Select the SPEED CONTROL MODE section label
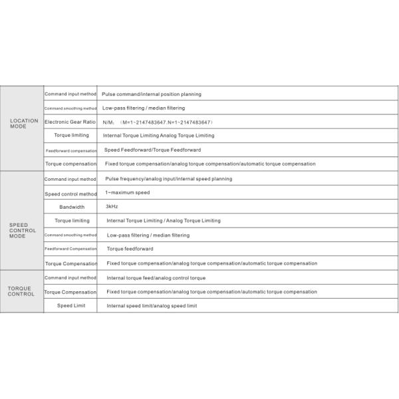23,231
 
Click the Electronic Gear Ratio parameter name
70,122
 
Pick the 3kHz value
112,207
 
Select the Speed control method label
70,194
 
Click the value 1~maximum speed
127,193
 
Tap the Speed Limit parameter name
70,305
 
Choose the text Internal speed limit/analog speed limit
152,305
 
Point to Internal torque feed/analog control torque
156,278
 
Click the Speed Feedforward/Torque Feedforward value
152,150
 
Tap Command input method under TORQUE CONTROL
70,278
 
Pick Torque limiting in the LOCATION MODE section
71,136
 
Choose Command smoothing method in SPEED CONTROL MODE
70,235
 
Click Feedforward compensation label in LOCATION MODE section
70,150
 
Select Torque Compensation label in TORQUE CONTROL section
70,292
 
